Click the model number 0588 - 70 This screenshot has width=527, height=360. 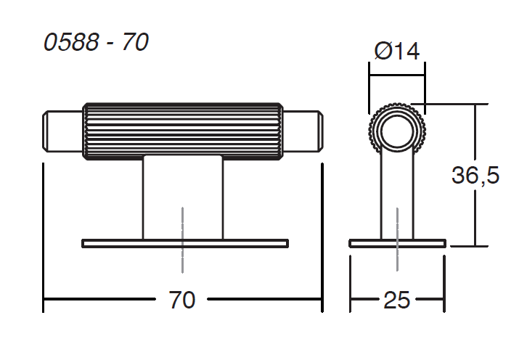[x=96, y=42]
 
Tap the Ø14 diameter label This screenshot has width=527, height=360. [x=397, y=51]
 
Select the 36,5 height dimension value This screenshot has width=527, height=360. [x=475, y=175]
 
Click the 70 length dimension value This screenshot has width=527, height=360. [x=181, y=300]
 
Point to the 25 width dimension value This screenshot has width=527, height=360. [x=397, y=300]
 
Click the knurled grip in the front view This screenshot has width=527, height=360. [x=182, y=131]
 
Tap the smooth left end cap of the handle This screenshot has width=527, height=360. [x=62, y=131]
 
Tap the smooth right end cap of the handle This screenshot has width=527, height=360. [x=303, y=131]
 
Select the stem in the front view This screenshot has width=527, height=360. [x=182, y=197]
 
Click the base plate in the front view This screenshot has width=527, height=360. [x=185, y=243]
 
